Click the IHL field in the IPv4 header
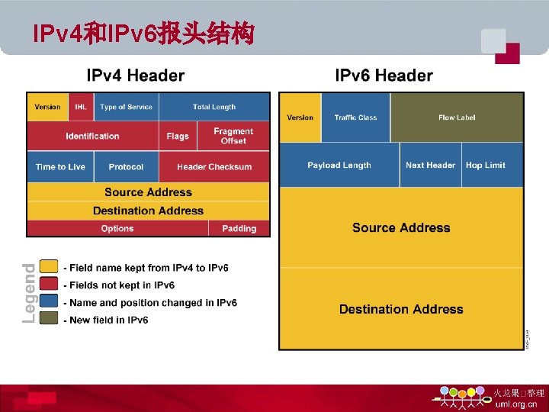(x=81, y=107)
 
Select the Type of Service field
(x=126, y=107)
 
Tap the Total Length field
(x=214, y=107)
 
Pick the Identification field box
(x=93, y=136)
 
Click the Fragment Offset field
(x=233, y=136)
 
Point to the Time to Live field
(x=60, y=166)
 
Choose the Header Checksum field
(x=214, y=166)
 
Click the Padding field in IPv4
(x=239, y=228)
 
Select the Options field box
(x=117, y=228)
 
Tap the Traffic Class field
(x=355, y=117)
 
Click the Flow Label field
(x=457, y=117)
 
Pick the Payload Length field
(x=339, y=165)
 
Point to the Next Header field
(x=430, y=165)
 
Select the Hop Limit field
(x=486, y=165)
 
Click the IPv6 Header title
(x=384, y=76)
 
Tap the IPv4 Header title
(x=136, y=76)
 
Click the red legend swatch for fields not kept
(x=49, y=285)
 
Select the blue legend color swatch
(x=49, y=302)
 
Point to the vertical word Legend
(x=29, y=293)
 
